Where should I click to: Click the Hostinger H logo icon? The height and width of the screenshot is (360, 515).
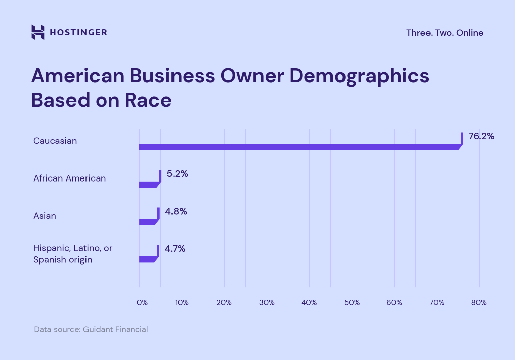coord(38,32)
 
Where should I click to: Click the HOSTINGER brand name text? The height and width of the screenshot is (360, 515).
coord(78,33)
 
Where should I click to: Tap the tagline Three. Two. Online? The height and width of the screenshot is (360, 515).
coord(445,33)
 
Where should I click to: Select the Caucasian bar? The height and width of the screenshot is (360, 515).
coord(299,147)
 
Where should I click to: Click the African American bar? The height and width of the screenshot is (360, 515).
coord(149,184)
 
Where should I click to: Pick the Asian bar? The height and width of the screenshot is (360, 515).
coord(148,222)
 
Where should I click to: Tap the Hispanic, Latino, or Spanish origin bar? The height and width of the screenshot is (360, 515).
coord(148,259)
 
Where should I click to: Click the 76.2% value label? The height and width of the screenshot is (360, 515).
coord(481,136)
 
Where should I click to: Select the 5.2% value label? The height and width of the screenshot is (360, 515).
coord(178,173)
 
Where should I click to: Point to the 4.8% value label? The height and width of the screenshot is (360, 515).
coord(176,211)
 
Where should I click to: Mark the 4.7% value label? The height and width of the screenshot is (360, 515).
coord(176,248)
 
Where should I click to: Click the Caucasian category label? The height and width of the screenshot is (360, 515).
coord(55,141)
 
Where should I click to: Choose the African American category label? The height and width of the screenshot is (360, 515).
coord(69,178)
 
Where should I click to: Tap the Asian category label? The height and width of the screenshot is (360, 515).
coord(45,216)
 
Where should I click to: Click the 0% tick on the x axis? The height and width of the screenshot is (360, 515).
coord(142,303)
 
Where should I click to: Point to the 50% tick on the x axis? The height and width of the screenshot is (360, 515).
coord(352,303)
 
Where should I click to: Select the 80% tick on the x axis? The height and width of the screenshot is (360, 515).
coord(479,303)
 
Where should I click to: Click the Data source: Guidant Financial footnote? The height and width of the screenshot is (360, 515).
coord(91,330)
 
